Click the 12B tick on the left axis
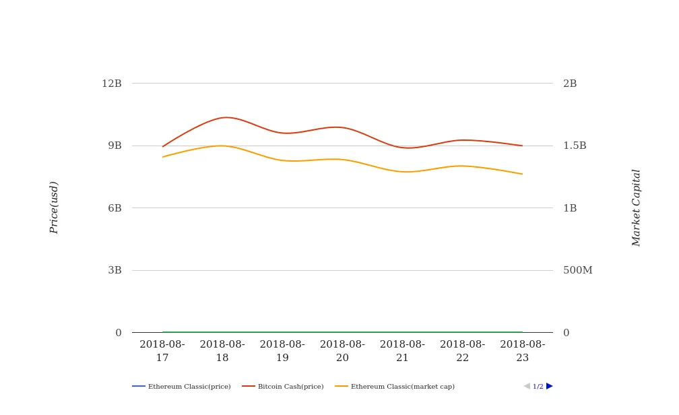click(x=112, y=84)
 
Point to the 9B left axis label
click(x=115, y=146)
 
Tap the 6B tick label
click(x=115, y=208)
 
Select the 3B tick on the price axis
click(x=115, y=270)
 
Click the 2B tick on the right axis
click(x=570, y=84)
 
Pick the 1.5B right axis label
click(x=575, y=146)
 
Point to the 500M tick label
click(x=577, y=270)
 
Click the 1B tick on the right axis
click(x=570, y=208)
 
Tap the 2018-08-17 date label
click(x=162, y=351)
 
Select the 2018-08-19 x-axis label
click(x=282, y=351)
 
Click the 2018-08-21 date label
click(x=402, y=351)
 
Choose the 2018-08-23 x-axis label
click(x=523, y=351)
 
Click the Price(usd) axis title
click(x=54, y=207)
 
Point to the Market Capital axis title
click(x=637, y=207)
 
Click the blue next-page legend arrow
click(x=550, y=386)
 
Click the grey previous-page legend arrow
click(x=527, y=386)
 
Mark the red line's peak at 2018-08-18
click(x=224, y=117)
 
